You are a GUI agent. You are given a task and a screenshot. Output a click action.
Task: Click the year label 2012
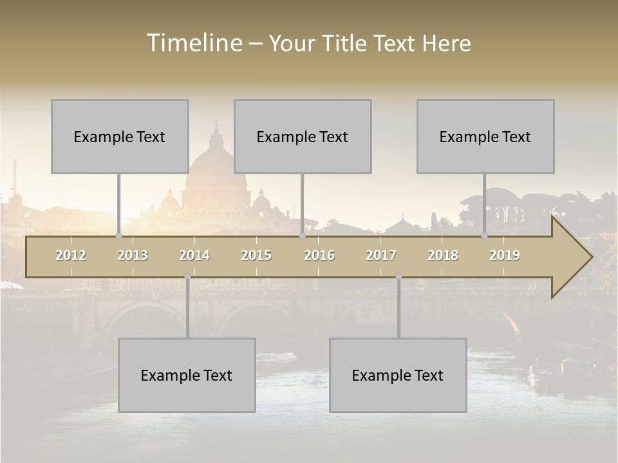coord(71,255)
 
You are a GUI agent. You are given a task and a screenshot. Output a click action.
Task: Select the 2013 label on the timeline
coord(133,255)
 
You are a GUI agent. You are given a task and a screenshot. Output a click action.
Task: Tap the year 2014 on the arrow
coord(194,255)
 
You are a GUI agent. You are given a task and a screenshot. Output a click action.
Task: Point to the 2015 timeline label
coord(256,255)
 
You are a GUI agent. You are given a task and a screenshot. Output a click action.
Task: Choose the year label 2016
coord(319,255)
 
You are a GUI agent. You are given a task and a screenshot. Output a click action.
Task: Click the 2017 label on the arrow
coord(381,255)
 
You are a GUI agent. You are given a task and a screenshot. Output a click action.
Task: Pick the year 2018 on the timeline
coord(443,255)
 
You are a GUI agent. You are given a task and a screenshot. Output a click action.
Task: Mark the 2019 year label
coord(505,255)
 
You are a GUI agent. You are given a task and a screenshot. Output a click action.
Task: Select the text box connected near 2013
coord(120,136)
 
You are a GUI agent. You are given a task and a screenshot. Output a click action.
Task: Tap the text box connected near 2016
coord(303,136)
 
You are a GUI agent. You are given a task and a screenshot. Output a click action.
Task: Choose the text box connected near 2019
coord(485,136)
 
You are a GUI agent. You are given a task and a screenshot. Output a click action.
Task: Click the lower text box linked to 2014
coord(187,375)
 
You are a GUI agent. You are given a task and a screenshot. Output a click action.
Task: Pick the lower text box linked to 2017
coord(398,375)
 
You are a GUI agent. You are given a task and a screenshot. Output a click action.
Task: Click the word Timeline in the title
coord(193,43)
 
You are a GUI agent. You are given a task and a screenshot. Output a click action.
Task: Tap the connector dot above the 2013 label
coord(118,236)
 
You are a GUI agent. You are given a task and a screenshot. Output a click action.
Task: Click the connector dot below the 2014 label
coord(187,277)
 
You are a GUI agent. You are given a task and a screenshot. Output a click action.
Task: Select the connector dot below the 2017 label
coord(398,277)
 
